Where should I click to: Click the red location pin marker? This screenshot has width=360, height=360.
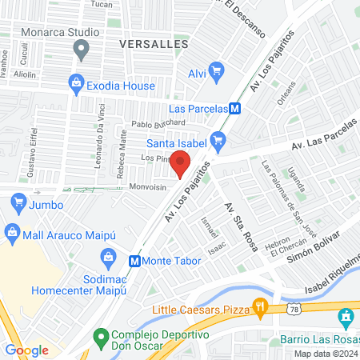[180, 162]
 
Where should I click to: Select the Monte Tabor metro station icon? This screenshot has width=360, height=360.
[135, 260]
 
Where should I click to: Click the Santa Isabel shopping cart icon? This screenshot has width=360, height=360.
[219, 143]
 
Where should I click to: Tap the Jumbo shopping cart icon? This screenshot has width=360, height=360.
[17, 205]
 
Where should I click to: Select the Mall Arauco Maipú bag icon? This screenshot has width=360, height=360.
[12, 232]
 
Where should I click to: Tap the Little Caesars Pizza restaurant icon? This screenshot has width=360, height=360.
[259, 306]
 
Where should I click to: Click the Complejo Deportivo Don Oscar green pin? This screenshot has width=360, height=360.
[100, 336]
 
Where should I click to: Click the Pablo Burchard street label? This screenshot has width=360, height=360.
[158, 123]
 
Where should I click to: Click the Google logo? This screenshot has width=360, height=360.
[27, 350]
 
